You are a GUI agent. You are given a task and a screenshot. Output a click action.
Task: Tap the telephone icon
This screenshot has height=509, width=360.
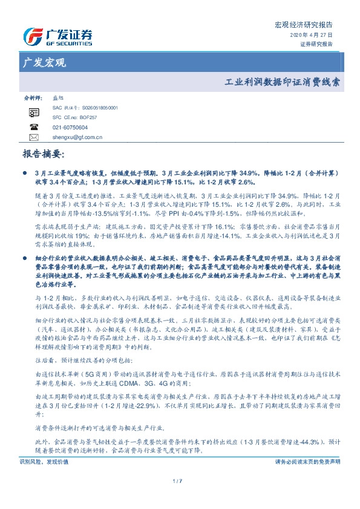click(34, 128)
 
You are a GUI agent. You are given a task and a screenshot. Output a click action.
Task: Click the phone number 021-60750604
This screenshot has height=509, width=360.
click(62, 128)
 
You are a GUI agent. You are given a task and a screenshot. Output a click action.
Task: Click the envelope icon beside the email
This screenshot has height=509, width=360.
click(34, 137)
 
